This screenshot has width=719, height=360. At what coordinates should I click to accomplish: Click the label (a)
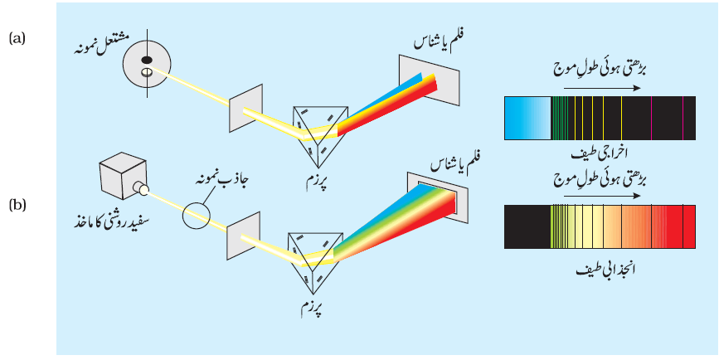coord(17,39)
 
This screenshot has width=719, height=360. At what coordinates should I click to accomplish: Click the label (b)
coord(17,206)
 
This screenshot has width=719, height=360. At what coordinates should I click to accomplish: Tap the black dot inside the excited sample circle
coord(147,60)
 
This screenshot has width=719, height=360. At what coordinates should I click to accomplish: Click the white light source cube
coord(123,177)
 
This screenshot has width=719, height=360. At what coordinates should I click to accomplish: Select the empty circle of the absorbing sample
coord(197,215)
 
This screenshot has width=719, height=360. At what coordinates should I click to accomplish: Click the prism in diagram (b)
coord(316,261)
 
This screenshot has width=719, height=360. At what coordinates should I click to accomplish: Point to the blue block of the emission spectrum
coord(527,118)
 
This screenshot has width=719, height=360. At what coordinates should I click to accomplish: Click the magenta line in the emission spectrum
coord(683,118)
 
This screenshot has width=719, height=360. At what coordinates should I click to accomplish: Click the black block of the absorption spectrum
coord(527,226)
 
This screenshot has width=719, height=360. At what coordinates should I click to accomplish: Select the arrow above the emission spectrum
coord(601,88)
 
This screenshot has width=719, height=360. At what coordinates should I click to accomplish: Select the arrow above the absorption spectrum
coord(601,197)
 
